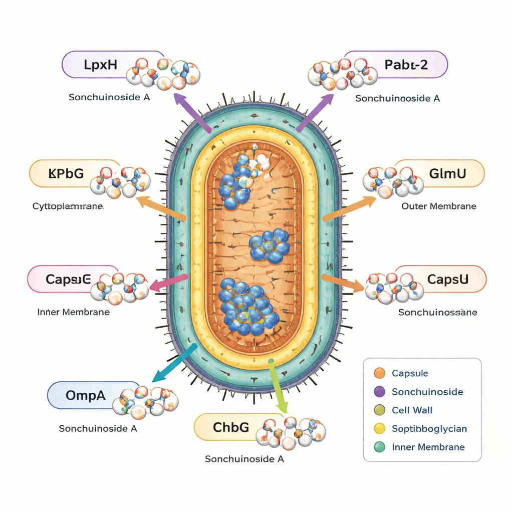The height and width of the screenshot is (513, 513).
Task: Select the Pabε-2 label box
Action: pos(406,65)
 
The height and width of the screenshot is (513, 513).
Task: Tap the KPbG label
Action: pos(65,174)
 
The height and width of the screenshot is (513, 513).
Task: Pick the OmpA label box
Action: pos(85,395)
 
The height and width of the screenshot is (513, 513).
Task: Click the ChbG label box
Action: pos(230,427)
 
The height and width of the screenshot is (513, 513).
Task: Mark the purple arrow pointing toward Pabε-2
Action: pos(314,113)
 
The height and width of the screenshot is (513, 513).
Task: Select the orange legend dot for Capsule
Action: pos(379,373)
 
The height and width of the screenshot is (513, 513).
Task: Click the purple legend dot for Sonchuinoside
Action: pos(379,392)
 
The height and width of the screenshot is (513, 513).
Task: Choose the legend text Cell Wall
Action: pos(412,410)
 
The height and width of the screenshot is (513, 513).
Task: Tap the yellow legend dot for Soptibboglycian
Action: pos(379,429)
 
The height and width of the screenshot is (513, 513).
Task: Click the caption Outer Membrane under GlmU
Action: pos(439,206)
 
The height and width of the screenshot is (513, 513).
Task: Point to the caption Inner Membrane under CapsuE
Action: pos(74,312)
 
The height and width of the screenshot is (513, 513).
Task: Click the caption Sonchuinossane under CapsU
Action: pos(437,312)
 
